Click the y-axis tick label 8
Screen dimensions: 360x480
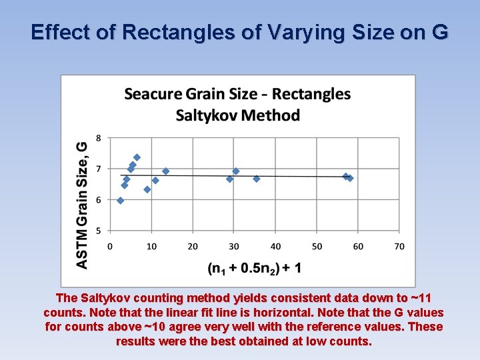click(99, 138)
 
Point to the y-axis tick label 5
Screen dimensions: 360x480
click(99, 231)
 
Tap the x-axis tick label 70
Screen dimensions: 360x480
click(399, 247)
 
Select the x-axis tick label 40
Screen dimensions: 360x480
click(275, 247)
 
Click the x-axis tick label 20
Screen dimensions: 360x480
click(193, 247)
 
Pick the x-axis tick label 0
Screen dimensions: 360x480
click(111, 247)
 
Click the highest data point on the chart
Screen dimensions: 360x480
click(137, 158)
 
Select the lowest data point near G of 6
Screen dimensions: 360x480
click(121, 200)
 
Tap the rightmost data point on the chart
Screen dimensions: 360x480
click(350, 178)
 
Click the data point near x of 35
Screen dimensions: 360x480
click(257, 179)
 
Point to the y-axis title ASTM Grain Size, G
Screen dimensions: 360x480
click(82, 205)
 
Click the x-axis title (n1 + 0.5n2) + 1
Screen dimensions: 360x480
click(254, 268)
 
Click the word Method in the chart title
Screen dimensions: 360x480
click(270, 115)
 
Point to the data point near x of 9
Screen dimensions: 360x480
click(147, 189)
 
